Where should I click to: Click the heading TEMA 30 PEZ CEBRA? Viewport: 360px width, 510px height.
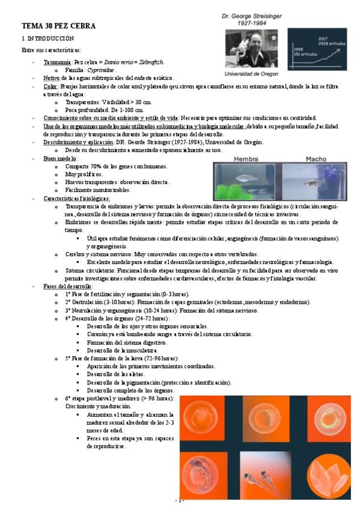pyautogui.click(x=58, y=26)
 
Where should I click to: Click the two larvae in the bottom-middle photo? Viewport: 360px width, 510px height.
pyautogui.click(x=259, y=478)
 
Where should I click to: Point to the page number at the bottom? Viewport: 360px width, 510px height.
pyautogui.click(x=180, y=500)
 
